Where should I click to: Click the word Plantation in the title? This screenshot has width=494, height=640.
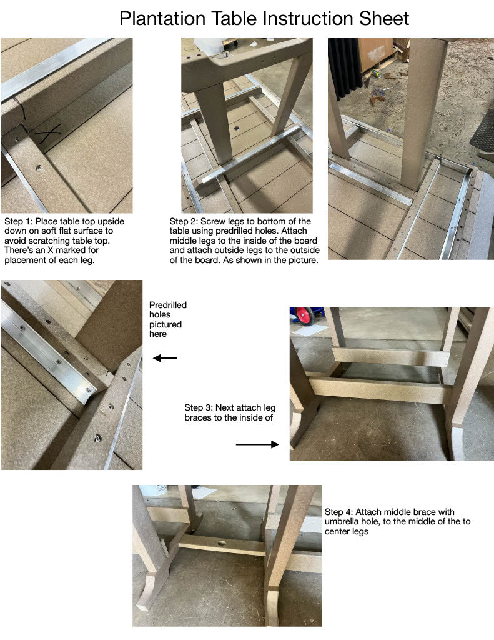pos(162,19)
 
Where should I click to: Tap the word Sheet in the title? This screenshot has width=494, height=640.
pos(384,19)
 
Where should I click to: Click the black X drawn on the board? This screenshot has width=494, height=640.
pos(47,132)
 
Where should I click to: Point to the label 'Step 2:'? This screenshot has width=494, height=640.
pos(184,222)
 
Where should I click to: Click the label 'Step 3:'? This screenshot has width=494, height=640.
pos(199,407)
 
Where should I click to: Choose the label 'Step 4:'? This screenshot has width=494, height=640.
pos(339,512)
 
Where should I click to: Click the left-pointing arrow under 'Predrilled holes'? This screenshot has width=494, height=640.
pos(165,358)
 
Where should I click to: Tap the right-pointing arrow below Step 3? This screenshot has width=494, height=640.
pos(257,444)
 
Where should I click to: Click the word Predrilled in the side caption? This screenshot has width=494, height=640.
pos(168,305)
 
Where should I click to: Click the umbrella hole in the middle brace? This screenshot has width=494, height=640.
pos(222,543)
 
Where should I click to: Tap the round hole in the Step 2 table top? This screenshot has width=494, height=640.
pos(237,129)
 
